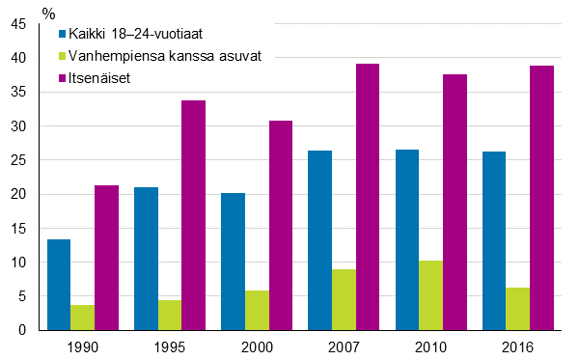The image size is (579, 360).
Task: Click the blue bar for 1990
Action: click(x=59, y=285)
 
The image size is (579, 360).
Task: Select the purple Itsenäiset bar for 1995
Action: click(x=193, y=215)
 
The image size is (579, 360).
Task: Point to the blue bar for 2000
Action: click(x=234, y=262)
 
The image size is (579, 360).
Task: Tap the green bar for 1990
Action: click(x=83, y=318)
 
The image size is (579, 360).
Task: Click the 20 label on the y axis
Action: click(x=17, y=195)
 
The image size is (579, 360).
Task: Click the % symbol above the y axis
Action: click(x=48, y=13)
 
